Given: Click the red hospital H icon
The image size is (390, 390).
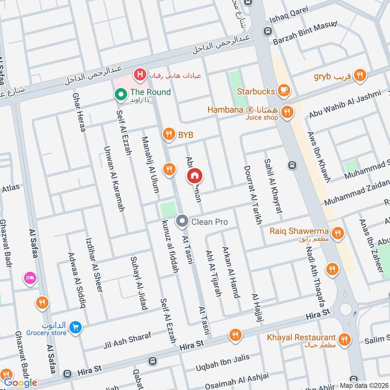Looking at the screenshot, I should click(x=140, y=75).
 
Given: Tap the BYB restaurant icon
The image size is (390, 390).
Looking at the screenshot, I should click(x=169, y=134).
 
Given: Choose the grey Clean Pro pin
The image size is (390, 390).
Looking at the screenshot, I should click(x=182, y=222).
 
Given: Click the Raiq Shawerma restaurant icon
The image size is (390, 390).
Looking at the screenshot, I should click(x=337, y=233).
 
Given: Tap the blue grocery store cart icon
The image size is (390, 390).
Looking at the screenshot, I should click(x=75, y=328).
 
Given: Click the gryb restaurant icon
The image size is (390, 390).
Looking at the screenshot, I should click(x=360, y=75).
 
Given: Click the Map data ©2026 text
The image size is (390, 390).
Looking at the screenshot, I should click(x=364, y=385).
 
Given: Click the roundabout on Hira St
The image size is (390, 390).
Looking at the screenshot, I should click(x=347, y=309).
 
